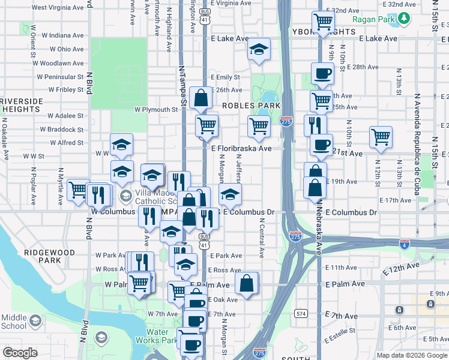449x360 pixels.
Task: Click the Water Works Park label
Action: (x=165, y=336)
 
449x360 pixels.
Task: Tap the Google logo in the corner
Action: (x=19, y=353)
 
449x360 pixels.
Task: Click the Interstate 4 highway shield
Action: (x=404, y=243)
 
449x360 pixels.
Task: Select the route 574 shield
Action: (x=301, y=313)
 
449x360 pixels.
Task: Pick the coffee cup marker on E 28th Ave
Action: (x=322, y=74)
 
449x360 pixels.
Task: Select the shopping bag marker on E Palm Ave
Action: (x=246, y=283)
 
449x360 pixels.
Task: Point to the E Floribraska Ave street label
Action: (x=241, y=148)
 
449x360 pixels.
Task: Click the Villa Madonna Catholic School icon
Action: (x=125, y=196)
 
